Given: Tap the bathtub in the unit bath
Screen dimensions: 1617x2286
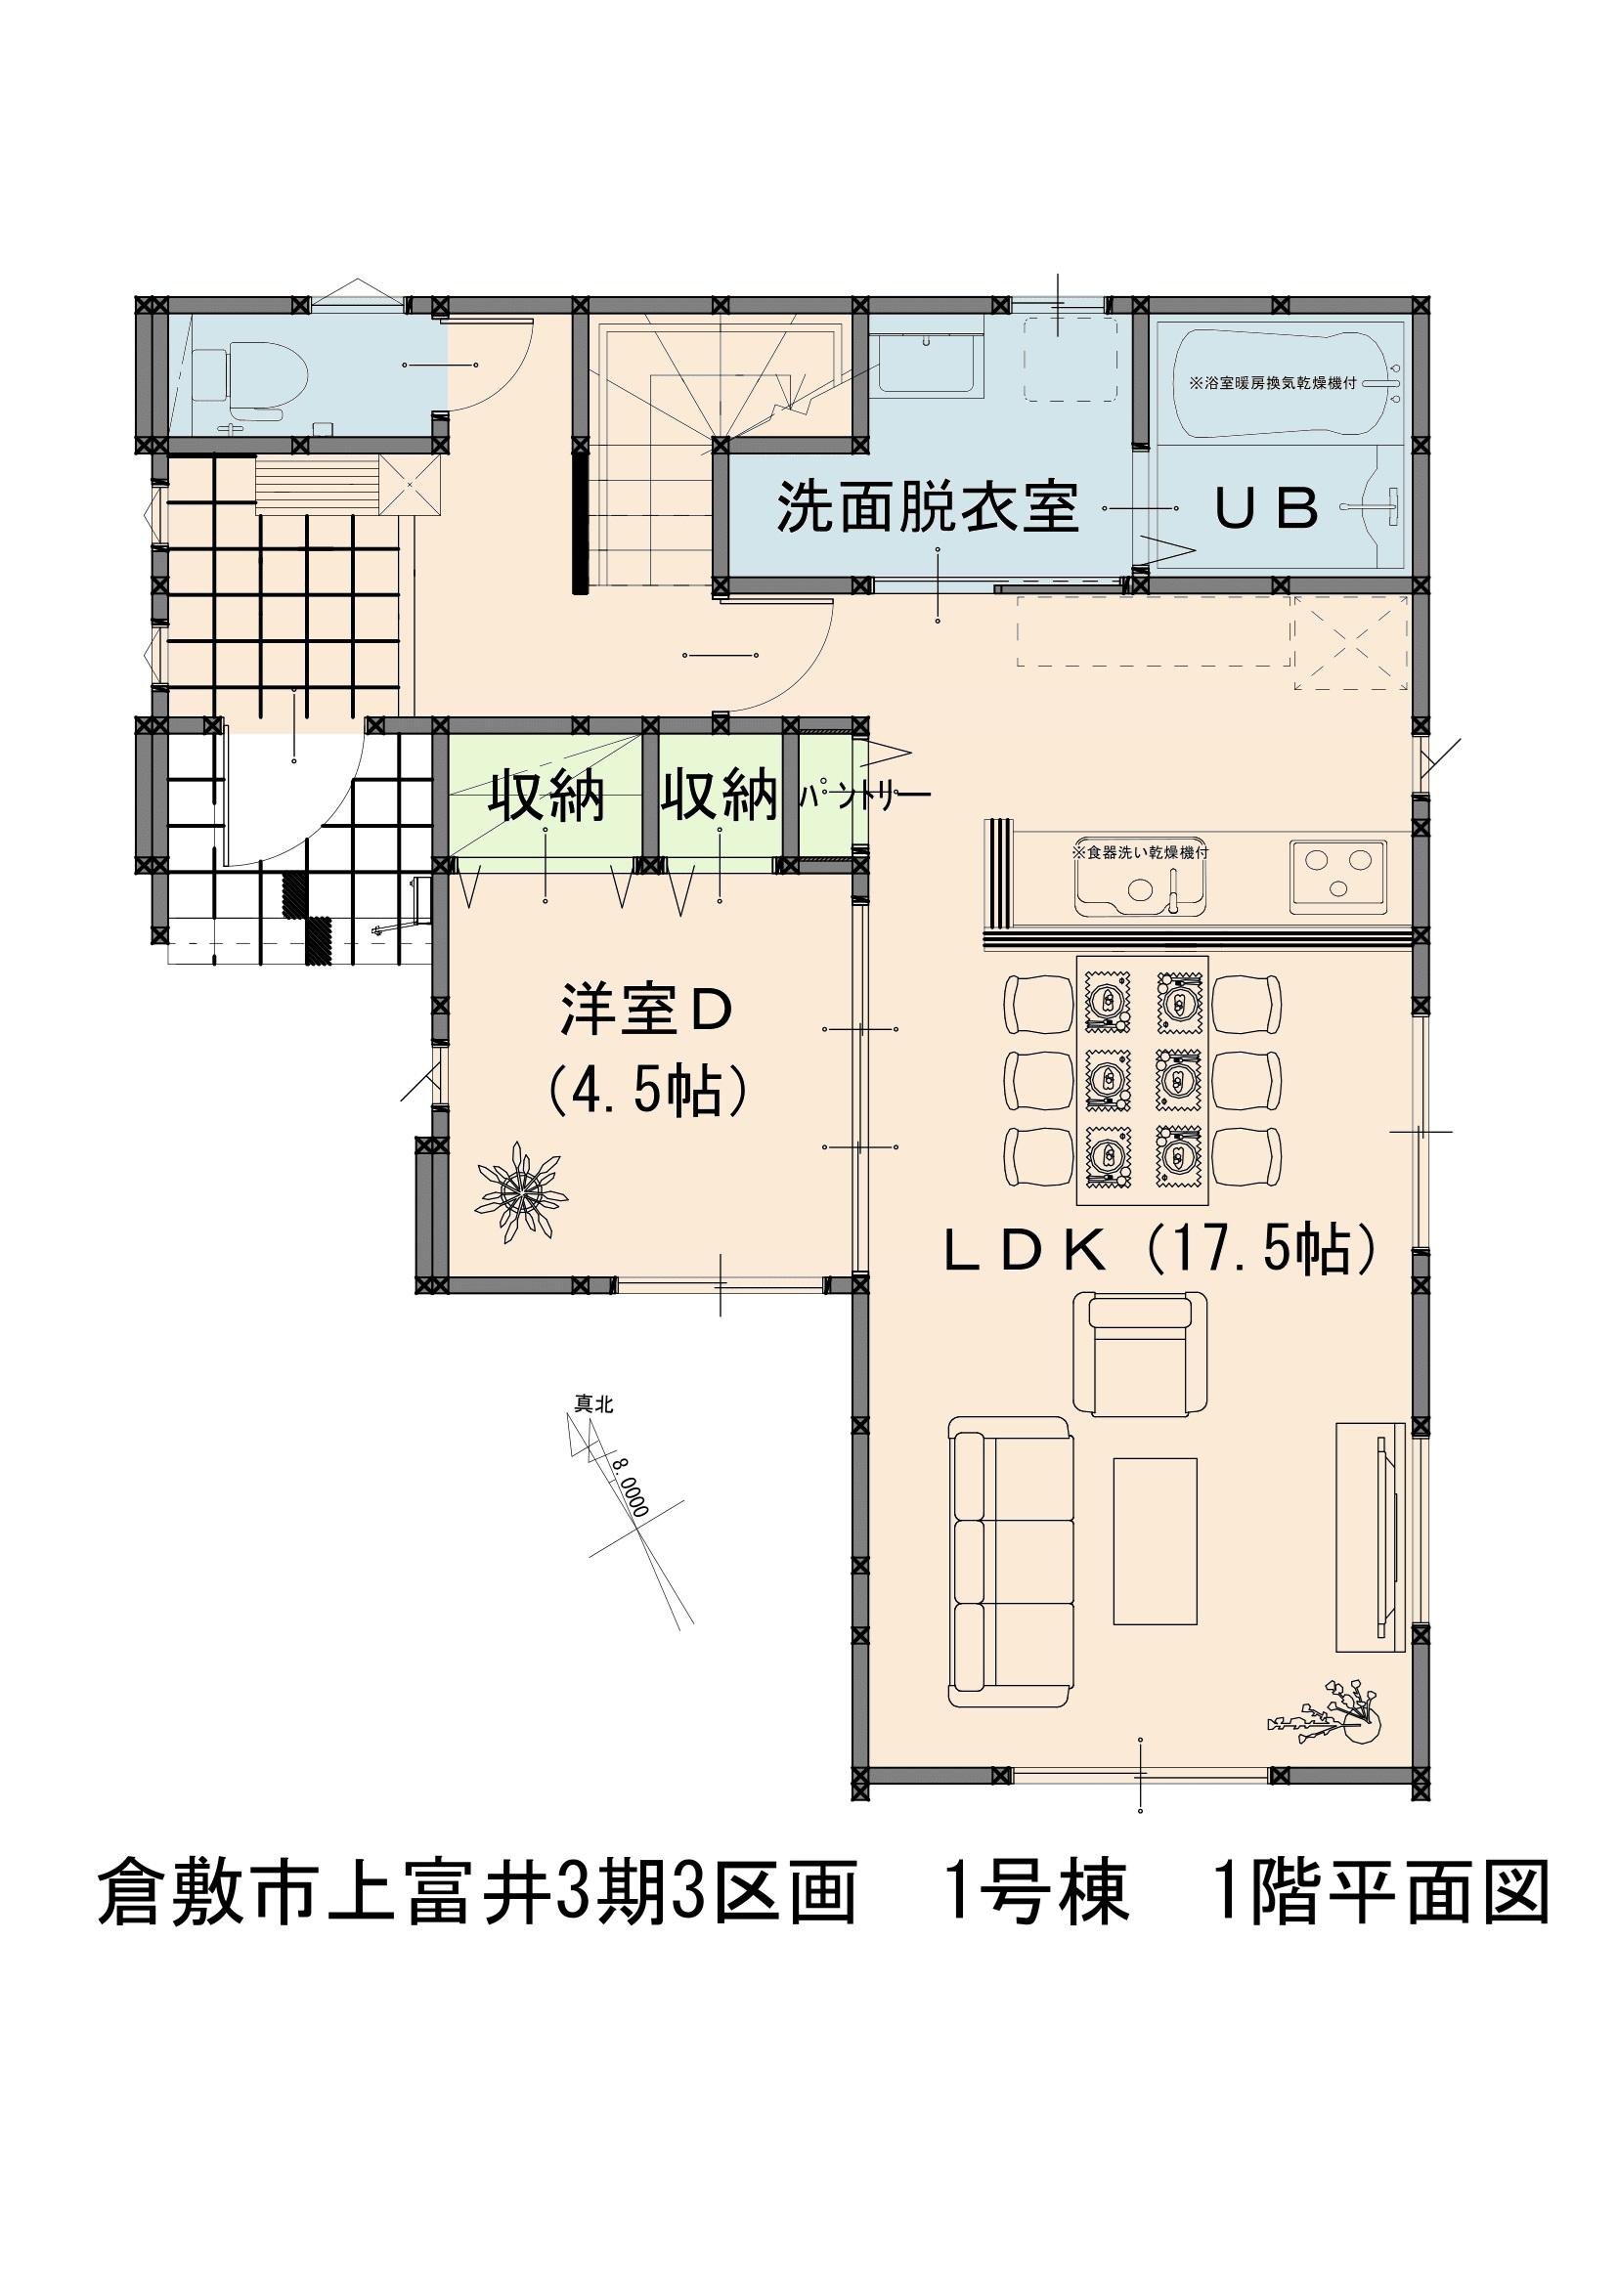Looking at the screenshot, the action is pos(1289,382).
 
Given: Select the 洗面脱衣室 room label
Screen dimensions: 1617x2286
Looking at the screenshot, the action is pos(927,508).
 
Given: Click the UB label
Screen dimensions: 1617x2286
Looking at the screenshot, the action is pos(1265,509).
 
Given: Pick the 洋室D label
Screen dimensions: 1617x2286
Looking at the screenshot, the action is pos(646,1011).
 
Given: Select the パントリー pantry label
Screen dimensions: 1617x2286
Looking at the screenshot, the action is pos(864,797).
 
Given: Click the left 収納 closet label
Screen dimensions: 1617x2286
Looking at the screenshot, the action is pos(546,797).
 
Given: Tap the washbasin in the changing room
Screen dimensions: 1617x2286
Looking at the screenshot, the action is pos(926,364).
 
